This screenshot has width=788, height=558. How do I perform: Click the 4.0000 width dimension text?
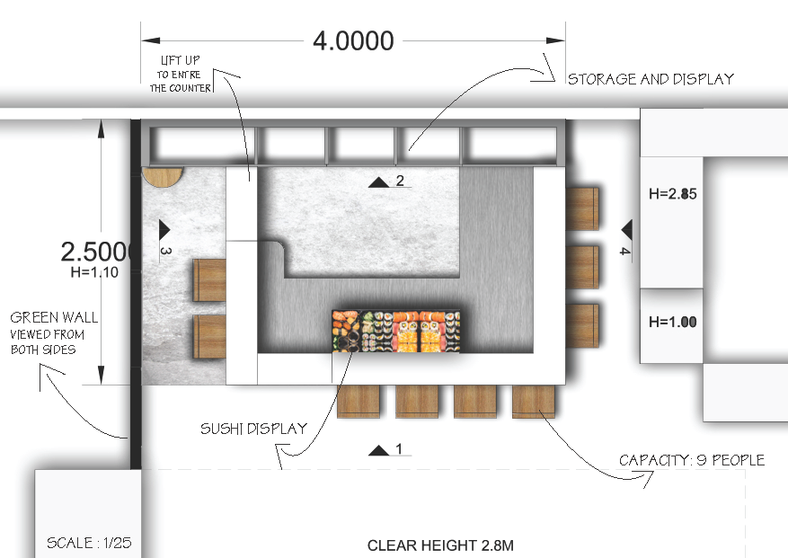[353, 40]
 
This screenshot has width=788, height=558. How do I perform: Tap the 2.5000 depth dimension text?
[96, 252]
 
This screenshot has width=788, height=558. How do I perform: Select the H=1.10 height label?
[94, 272]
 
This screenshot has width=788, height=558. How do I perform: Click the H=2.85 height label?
[672, 193]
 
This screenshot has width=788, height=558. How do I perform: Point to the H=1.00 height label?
[672, 322]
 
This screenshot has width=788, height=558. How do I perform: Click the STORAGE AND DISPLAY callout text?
[651, 79]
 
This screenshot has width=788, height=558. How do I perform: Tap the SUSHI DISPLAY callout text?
[253, 429]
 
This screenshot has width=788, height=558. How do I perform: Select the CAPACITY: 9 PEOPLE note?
[692, 460]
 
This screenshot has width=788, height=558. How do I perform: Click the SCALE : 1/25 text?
[89, 543]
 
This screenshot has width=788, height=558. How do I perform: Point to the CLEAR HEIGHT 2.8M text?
[440, 545]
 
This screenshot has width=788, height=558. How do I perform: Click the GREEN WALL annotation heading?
[54, 317]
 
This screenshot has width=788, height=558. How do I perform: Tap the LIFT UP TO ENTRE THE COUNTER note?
[180, 74]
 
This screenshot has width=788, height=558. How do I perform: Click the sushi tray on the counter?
[396, 331]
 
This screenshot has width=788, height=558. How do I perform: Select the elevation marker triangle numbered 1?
[379, 450]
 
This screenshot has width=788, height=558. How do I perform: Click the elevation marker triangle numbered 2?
[379, 182]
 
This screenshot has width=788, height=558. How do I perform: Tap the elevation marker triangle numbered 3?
[164, 230]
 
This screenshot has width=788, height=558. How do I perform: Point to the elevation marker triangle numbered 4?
[627, 230]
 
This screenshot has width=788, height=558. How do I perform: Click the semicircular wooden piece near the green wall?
[162, 176]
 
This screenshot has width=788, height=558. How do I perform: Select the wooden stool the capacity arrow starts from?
[533, 402]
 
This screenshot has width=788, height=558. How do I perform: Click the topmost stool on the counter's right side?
[582, 209]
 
